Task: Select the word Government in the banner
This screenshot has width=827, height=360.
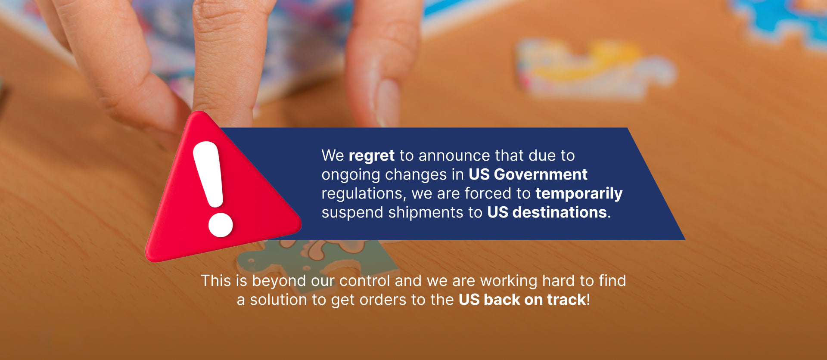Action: click(x=541, y=174)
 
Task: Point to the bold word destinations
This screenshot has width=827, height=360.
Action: click(x=560, y=212)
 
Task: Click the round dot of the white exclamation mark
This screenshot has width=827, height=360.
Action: click(x=221, y=224)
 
